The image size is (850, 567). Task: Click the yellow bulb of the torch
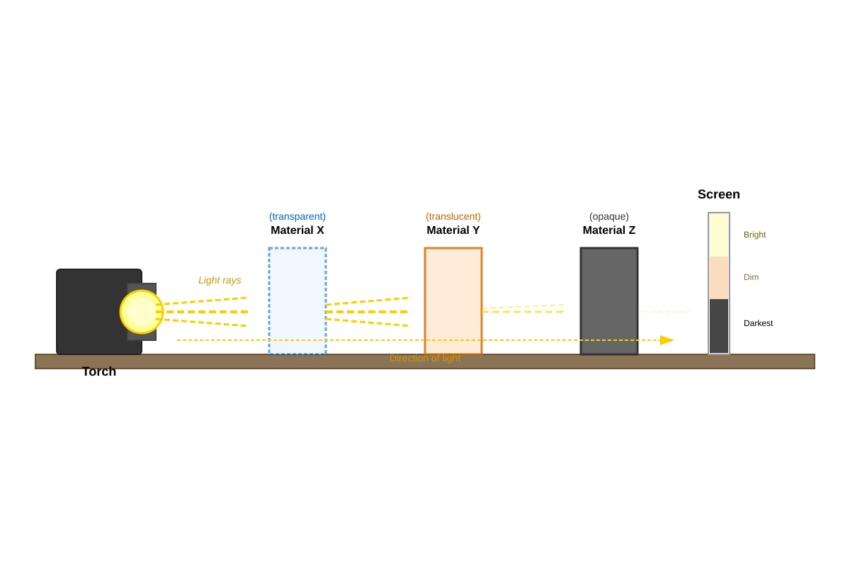[142, 312]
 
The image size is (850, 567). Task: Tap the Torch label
[99, 371]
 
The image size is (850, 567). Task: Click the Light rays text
[220, 280]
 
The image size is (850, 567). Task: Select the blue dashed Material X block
[297, 301]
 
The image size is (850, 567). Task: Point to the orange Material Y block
[453, 301]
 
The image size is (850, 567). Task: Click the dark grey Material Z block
[609, 301]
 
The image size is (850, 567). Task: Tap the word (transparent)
[297, 216]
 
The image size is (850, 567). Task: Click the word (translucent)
[453, 216]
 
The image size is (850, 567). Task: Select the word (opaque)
[609, 216]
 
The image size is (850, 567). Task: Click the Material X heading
[297, 230]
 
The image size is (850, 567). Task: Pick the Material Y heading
[453, 230]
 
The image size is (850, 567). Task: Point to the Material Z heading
[609, 230]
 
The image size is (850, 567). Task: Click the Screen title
[719, 194]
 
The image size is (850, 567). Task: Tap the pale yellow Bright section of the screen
[719, 235]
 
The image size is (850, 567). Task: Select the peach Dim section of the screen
[719, 278]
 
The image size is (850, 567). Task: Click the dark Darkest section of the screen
[719, 326]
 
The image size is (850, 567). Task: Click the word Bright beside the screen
[755, 235]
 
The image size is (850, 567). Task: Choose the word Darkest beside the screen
[758, 323]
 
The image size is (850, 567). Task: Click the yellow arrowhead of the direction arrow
[667, 340]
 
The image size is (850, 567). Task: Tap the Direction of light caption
[425, 358]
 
